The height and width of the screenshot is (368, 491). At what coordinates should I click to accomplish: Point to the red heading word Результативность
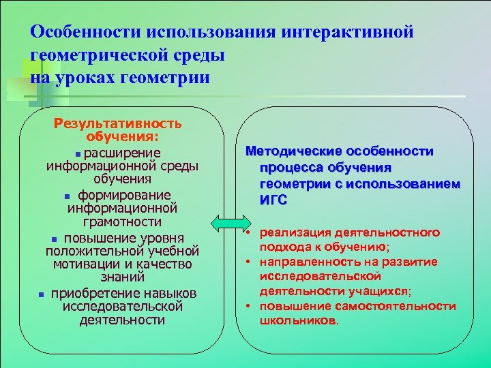point(118,123)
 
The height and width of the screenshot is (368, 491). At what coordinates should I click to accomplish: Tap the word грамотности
point(123,221)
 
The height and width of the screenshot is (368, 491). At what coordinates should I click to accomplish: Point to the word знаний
point(123,278)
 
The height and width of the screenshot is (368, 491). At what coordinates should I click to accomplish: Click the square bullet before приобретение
point(42,294)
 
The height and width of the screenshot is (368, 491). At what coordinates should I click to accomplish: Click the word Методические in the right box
point(291,151)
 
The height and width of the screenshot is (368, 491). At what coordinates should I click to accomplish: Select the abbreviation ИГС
point(273,200)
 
